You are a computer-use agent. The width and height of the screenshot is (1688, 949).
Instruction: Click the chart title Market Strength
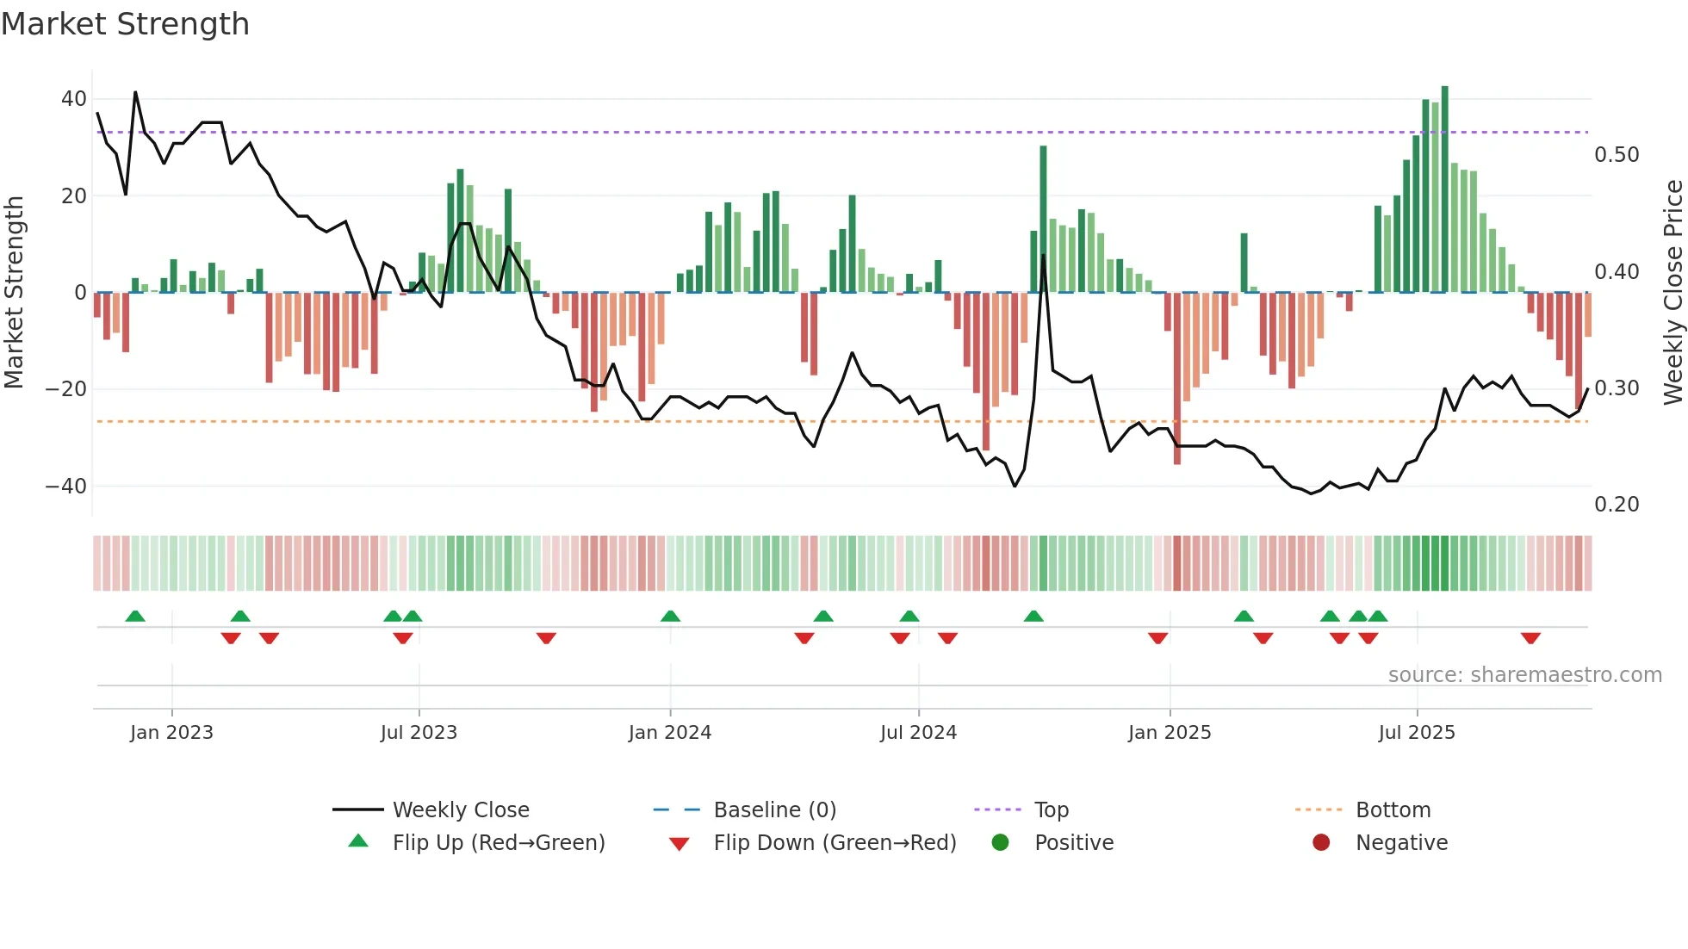pyautogui.click(x=125, y=24)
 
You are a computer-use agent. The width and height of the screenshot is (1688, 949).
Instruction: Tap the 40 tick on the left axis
pyautogui.click(x=74, y=99)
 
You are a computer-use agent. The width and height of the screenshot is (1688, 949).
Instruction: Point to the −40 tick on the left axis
pyautogui.click(x=67, y=487)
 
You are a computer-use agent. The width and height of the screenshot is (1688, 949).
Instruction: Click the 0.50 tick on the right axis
pyautogui.click(x=1617, y=155)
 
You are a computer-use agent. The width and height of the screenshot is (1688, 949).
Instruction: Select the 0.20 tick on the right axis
pyautogui.click(x=1617, y=505)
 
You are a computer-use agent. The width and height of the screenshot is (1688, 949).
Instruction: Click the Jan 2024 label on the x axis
pyautogui.click(x=669, y=733)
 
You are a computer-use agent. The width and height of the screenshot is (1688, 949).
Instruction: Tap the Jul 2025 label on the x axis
pyautogui.click(x=1416, y=733)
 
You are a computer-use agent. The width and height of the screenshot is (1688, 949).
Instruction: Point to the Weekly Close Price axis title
pyautogui.click(x=1672, y=293)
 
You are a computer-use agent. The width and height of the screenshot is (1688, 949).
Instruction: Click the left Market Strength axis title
pyautogui.click(x=14, y=293)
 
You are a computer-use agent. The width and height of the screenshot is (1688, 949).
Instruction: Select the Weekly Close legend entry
pyautogui.click(x=460, y=810)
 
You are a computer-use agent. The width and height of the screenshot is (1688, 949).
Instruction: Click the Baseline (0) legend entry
pyautogui.click(x=774, y=810)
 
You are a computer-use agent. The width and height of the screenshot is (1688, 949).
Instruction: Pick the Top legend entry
pyautogui.click(x=1051, y=810)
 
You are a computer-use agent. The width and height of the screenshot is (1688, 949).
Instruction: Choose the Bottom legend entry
pyautogui.click(x=1393, y=810)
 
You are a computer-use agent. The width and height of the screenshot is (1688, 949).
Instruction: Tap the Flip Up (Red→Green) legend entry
pyautogui.click(x=498, y=843)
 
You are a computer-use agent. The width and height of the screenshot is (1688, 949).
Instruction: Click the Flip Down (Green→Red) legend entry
pyautogui.click(x=834, y=843)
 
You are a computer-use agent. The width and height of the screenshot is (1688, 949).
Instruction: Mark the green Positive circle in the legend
pyautogui.click(x=1000, y=842)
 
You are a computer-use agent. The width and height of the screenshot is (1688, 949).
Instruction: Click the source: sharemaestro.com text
pyautogui.click(x=1524, y=675)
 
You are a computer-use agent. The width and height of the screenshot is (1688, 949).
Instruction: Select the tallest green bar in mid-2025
pyautogui.click(x=1444, y=189)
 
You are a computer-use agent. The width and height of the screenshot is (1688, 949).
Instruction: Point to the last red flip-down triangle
pyautogui.click(x=1530, y=638)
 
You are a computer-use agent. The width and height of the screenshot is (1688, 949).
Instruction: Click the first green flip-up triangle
pyautogui.click(x=135, y=616)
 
